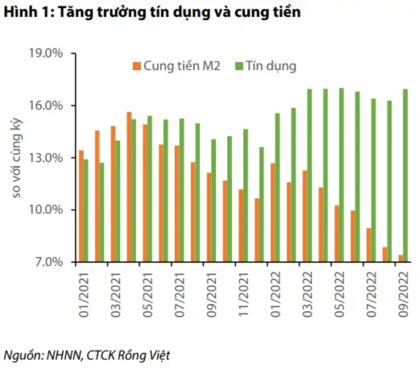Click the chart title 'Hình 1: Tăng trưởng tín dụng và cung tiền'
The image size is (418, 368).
click(x=152, y=13)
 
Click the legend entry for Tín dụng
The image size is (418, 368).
click(x=266, y=67)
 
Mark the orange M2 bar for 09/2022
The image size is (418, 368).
click(x=401, y=258)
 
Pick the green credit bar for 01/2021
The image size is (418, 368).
click(x=86, y=210)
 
